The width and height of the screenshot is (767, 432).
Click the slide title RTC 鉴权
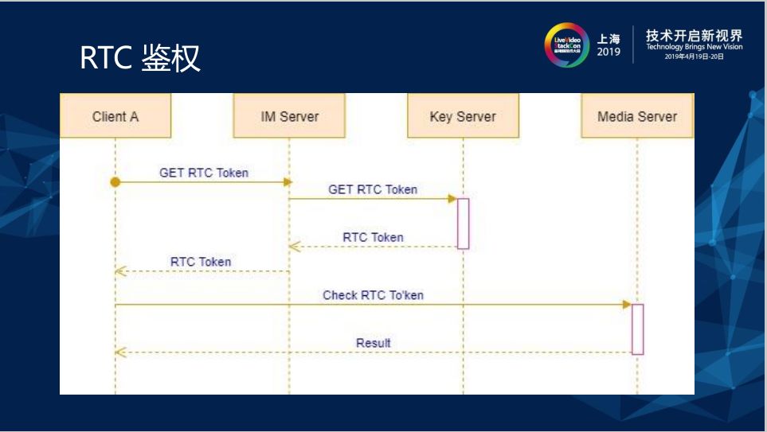pos(140,58)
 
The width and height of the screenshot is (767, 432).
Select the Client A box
pos(115,116)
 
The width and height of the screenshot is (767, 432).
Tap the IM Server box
pos(289,116)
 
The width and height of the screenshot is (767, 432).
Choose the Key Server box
pos(463,116)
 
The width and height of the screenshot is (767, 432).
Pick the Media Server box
pos(637,116)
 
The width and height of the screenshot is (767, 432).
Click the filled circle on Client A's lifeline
pos(115,182)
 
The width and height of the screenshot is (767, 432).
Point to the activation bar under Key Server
pos(463,224)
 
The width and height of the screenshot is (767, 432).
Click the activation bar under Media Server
pos(637,329)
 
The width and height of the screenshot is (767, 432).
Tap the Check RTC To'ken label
pos(373,295)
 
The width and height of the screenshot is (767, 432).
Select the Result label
pos(373,343)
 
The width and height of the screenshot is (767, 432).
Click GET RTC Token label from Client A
pos(204,173)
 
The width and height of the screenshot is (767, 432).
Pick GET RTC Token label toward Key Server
pos(373,189)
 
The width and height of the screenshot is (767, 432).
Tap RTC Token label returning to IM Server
pos(373,237)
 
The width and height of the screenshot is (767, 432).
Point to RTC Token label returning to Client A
pos(201,262)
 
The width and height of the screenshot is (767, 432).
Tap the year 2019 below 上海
pos(609,53)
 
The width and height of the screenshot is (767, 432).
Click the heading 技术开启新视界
pos(694,35)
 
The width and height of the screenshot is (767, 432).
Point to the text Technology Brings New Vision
pos(694,47)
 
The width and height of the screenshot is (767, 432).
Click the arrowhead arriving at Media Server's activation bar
pos(627,305)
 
